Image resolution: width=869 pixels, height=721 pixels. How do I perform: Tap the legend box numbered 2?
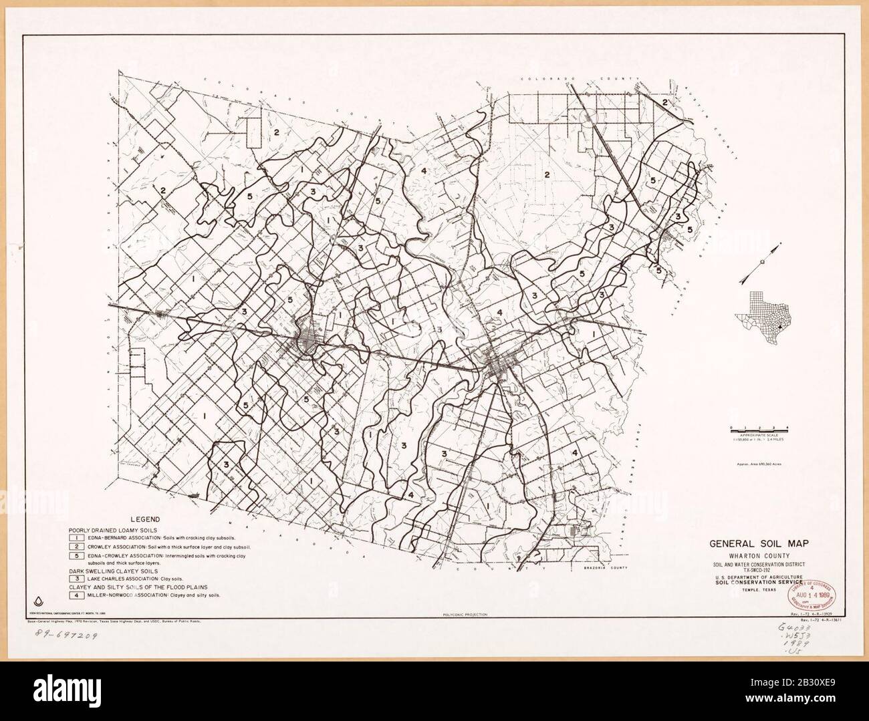[x=78, y=547]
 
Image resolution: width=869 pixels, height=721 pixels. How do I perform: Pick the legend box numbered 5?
[x=78, y=556]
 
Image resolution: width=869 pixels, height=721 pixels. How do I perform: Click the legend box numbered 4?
[x=78, y=594]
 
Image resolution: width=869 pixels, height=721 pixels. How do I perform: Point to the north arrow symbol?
[x=761, y=263]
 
